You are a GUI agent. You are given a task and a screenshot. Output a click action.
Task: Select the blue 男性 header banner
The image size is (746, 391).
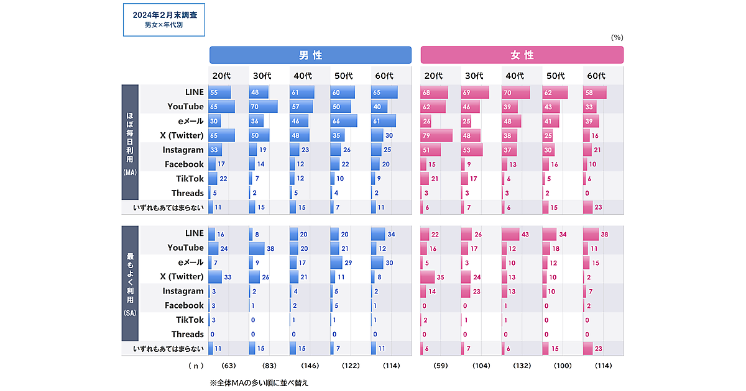pos(310,55)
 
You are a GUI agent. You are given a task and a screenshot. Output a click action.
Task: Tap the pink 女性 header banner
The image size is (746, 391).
pos(522,55)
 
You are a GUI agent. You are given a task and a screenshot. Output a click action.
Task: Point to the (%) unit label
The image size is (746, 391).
pos(617,37)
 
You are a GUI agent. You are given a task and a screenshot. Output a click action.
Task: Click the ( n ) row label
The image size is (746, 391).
pos(196,366)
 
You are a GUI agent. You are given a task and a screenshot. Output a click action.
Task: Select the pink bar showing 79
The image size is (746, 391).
pos(436,135)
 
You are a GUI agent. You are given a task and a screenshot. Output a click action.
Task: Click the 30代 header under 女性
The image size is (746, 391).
pos(474,76)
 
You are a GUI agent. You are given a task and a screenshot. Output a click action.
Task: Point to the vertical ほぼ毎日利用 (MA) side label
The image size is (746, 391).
pos(130,142)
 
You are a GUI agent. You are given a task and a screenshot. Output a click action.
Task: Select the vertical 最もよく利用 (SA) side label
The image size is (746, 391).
pos(130,284)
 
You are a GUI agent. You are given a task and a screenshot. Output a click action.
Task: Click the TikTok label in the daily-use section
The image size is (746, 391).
pos(190,179)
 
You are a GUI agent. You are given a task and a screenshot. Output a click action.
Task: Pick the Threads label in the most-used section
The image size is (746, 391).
pos(187,334)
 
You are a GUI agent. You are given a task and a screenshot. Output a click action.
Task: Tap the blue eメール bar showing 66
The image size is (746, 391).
pos(343,121)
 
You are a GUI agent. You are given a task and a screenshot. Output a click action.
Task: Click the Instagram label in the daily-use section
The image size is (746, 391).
pos(183,150)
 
